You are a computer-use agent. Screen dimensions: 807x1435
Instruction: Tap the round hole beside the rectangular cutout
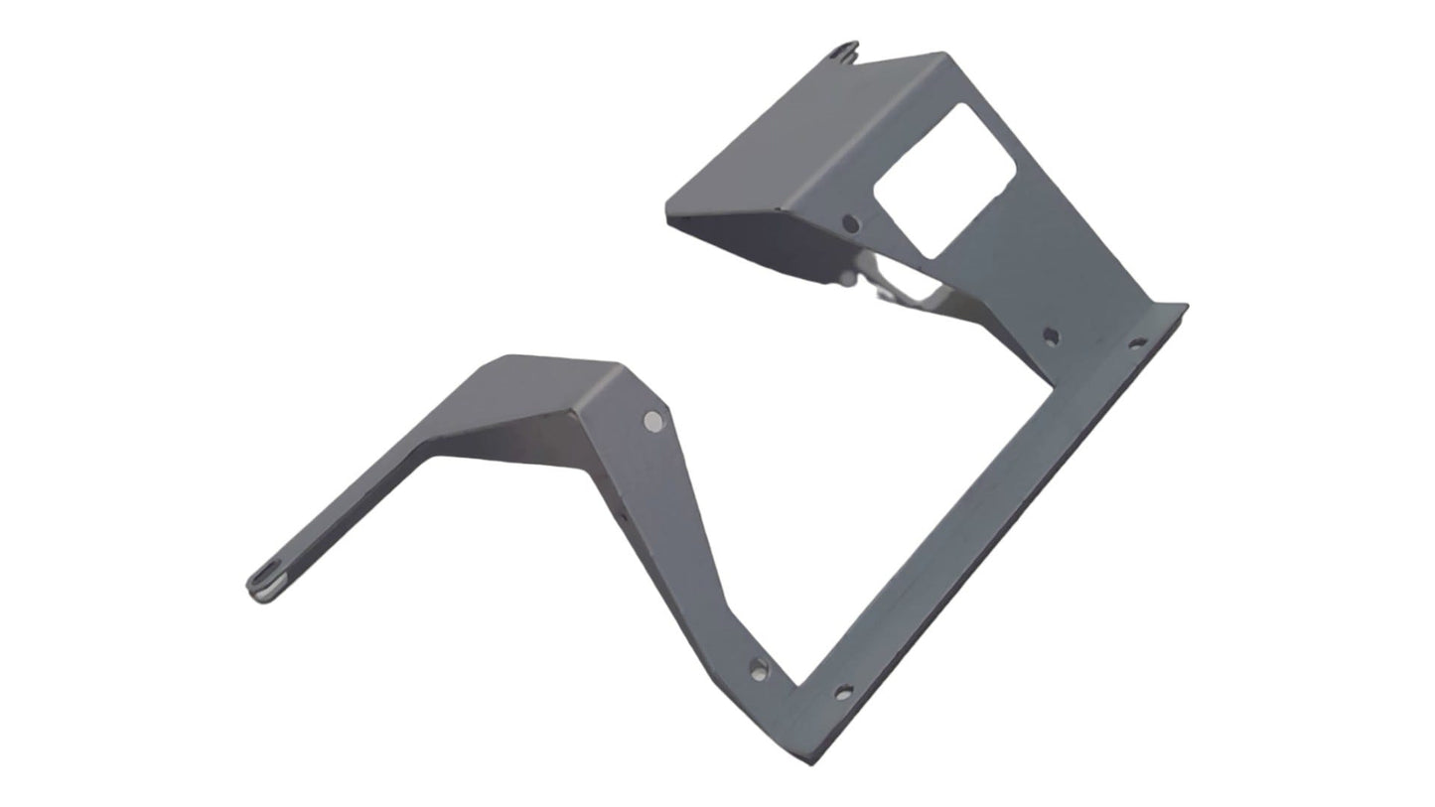[x=850, y=224]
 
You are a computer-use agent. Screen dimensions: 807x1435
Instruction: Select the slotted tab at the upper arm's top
[x=845, y=51]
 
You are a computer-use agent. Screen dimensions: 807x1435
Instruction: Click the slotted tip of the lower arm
[x=264, y=586]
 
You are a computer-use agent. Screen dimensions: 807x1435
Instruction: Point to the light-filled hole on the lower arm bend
[x=652, y=421]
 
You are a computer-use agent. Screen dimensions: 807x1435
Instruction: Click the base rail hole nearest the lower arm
[x=843, y=693]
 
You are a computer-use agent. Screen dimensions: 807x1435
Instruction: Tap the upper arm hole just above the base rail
[x=1051, y=336]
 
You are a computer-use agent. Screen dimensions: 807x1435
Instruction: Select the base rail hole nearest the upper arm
[x=1138, y=344]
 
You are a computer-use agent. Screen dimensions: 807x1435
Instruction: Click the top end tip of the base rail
[x=1184, y=307]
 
